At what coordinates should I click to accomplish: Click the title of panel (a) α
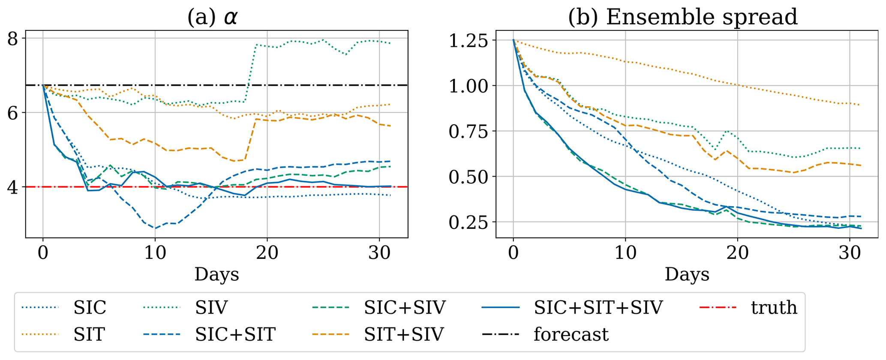tap(213, 17)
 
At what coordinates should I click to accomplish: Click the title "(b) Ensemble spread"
tap(682, 17)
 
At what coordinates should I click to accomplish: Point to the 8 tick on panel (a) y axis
tap(14, 39)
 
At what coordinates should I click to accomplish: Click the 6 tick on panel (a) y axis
tap(14, 113)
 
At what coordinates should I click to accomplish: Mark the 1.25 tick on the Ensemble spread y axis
tap(468, 40)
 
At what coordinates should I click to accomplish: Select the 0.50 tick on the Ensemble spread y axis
tap(468, 177)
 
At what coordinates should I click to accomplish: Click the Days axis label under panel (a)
tap(216, 274)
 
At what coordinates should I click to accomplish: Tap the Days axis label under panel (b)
tap(687, 274)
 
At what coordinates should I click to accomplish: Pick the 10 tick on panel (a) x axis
tap(155, 253)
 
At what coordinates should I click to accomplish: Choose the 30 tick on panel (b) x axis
tap(850, 253)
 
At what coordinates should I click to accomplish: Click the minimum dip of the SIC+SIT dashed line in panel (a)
tap(155, 228)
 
